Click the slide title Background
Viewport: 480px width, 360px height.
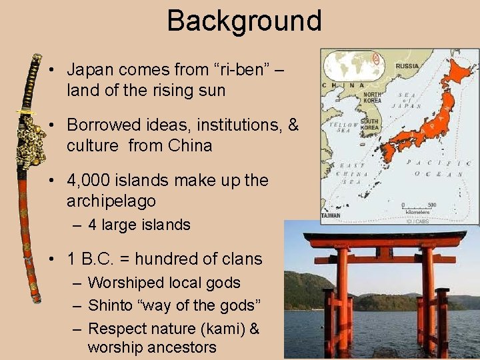(244, 21)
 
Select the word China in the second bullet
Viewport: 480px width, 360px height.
(189, 145)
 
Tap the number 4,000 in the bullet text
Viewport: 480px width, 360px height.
(98, 181)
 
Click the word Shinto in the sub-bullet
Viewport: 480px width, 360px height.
(110, 305)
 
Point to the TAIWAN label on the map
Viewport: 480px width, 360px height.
(331, 216)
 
